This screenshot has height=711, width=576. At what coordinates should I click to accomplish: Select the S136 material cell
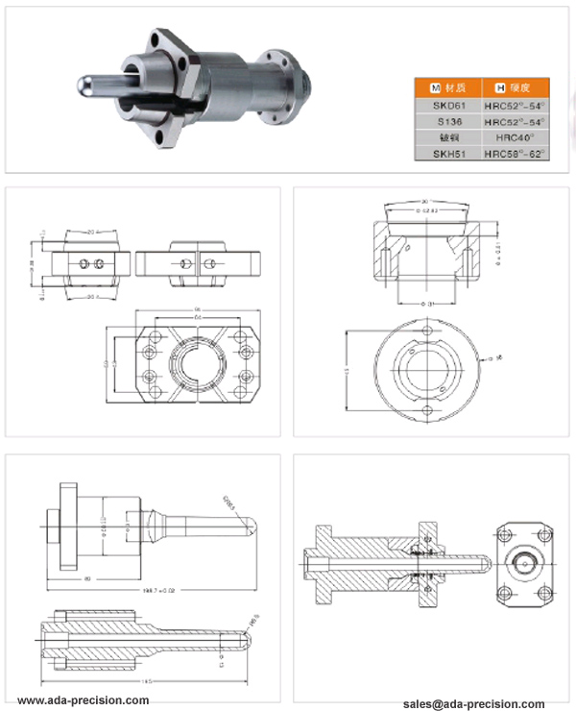[x=446, y=123]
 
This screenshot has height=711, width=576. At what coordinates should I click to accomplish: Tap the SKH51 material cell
[x=446, y=154]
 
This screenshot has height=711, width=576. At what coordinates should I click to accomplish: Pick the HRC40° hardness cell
[x=515, y=138]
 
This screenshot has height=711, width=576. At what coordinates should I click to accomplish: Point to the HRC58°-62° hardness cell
[x=515, y=154]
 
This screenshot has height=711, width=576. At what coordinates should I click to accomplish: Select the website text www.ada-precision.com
[x=84, y=700]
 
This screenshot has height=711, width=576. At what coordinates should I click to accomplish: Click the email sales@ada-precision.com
[x=474, y=703]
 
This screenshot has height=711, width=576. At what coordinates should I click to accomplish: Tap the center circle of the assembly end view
[x=523, y=560]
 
